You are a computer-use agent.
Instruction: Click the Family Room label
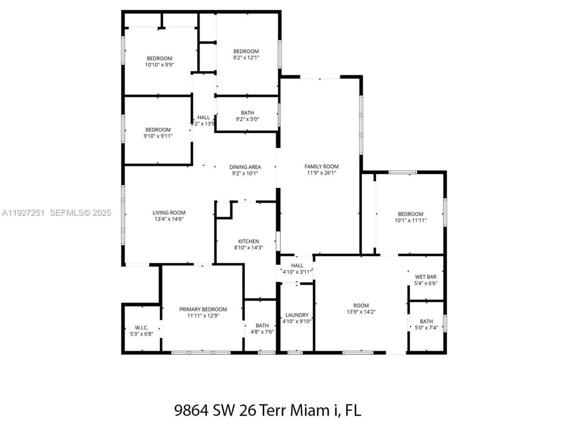[x=321, y=166]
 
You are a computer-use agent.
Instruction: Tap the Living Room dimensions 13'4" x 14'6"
[x=169, y=219]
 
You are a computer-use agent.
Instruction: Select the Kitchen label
[x=248, y=241]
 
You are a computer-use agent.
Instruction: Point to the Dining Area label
[x=245, y=167]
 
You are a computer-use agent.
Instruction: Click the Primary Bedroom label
[x=203, y=309]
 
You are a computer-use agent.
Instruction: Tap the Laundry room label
[x=297, y=315]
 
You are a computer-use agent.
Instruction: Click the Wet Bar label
[x=426, y=277]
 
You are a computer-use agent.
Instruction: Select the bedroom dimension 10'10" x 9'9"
[x=159, y=65]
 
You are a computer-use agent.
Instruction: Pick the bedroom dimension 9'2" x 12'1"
[x=246, y=58]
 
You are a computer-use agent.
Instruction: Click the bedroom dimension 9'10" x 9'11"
[x=158, y=136]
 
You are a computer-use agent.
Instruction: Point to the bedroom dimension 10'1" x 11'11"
[x=410, y=220]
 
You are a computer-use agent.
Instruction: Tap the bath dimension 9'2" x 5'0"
[x=247, y=119]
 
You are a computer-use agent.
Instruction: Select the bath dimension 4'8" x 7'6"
[x=262, y=331]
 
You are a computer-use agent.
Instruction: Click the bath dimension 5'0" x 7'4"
[x=426, y=327]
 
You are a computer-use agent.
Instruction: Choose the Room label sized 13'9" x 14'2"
[x=361, y=305]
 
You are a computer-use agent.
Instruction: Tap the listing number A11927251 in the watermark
[x=23, y=213]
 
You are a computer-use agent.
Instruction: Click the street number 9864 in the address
[x=191, y=410]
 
